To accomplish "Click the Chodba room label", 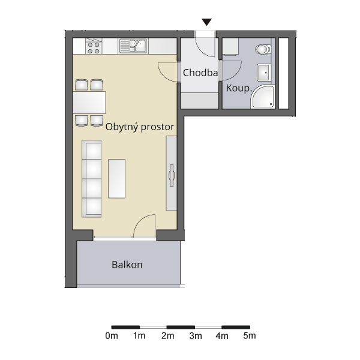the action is (200, 73).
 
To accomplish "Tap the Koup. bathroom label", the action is (239, 88).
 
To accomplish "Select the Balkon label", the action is (127, 265).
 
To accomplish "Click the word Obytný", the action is (122, 127).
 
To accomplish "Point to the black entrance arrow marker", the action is (206, 22).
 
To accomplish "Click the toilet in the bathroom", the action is (263, 49).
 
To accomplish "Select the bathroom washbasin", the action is (264, 73).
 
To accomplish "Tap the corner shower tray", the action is (263, 97).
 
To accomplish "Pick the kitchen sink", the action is (133, 46).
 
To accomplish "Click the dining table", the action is (89, 103).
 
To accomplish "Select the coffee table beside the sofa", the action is (116, 179).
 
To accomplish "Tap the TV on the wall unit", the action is (172, 175).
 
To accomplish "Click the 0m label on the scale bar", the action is (112, 336).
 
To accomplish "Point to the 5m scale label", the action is (250, 336).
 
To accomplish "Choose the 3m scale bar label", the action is (196, 336).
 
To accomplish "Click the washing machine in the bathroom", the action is (230, 47).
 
